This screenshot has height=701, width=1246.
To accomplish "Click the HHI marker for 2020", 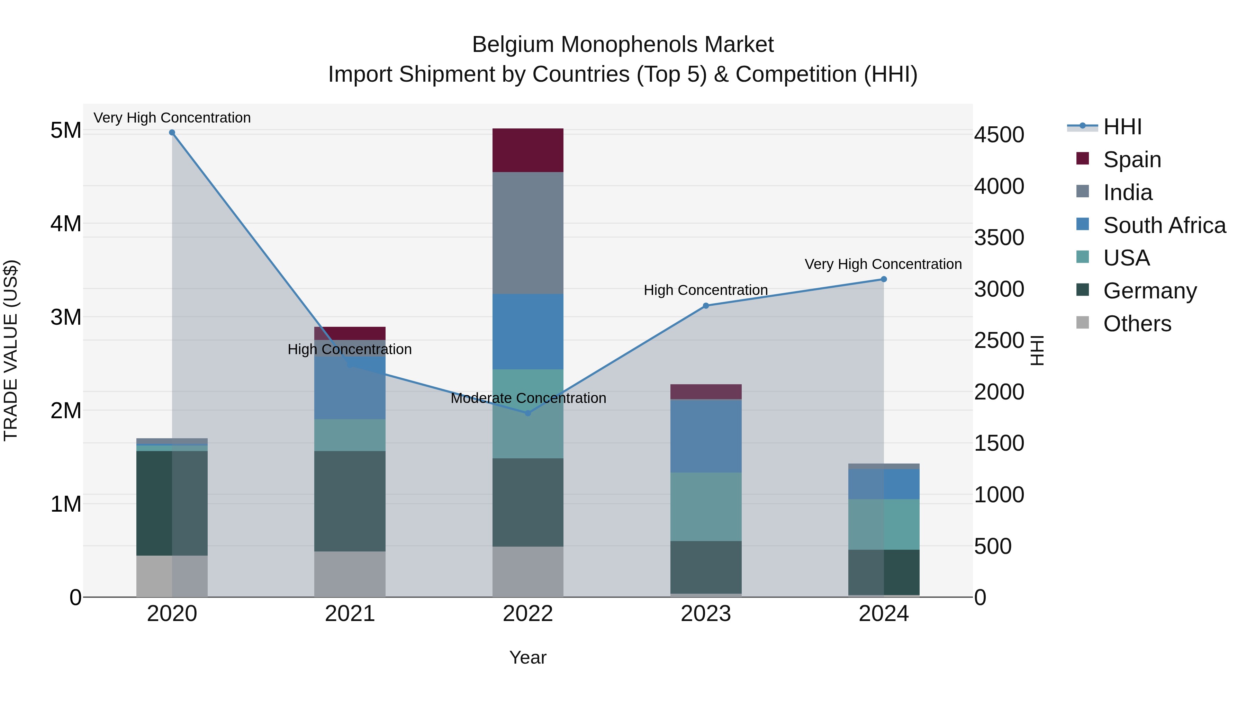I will point(172,133).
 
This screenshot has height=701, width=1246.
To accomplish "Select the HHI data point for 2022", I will point(528,413).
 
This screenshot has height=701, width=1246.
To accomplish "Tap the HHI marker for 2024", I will point(884,279).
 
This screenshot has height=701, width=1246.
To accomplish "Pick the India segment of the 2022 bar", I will point(528,233).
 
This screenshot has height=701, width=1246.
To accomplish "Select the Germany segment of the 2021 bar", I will point(350,501).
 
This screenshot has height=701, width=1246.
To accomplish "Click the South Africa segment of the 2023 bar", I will point(706,436).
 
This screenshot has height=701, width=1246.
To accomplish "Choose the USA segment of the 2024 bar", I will point(884,524).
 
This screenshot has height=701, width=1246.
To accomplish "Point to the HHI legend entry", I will point(1122,127).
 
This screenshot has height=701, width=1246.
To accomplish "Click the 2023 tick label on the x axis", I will point(706,614).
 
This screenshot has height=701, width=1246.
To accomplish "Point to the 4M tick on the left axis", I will point(66,224).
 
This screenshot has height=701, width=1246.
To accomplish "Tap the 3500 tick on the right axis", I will point(999,237).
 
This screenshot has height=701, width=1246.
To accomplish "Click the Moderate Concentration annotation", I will point(528,398).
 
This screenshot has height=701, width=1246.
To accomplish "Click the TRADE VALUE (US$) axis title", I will point(11,350).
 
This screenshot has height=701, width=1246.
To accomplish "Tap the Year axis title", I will point(528,657).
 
